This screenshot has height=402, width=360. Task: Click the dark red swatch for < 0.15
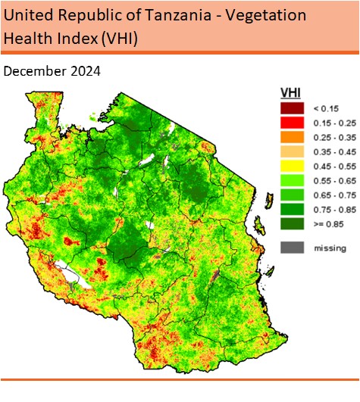tap(293, 108)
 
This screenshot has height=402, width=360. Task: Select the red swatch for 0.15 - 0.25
tap(293, 123)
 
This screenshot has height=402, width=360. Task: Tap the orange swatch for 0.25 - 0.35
tap(293, 136)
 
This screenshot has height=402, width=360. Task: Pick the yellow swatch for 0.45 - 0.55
tap(293, 165)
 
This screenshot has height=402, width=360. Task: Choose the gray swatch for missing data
tap(293, 247)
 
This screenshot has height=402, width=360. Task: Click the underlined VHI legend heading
tap(290, 92)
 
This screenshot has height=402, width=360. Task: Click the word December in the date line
tap(31, 71)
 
